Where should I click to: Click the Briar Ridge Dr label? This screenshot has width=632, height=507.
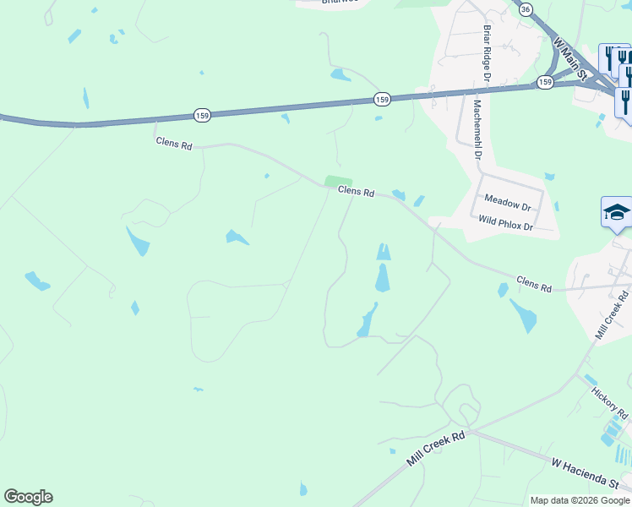pyautogui.click(x=488, y=52)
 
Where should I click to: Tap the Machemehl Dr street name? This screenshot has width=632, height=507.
pyautogui.click(x=477, y=129)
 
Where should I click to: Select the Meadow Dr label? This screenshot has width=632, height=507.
pyautogui.click(x=507, y=203)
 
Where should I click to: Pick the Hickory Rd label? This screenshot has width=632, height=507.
pyautogui.click(x=609, y=403)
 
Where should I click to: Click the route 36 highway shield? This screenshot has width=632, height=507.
pyautogui.click(x=526, y=8)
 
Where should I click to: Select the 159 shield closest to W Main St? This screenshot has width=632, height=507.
pyautogui.click(x=545, y=82)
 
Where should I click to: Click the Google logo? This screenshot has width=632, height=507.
pyautogui.click(x=28, y=497)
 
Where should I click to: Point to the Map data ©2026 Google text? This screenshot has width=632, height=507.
pyautogui.click(x=580, y=500)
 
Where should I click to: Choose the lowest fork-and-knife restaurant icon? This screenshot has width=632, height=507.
pyautogui.click(x=625, y=101)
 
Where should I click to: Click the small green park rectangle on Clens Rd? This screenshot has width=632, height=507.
pyautogui.click(x=338, y=181)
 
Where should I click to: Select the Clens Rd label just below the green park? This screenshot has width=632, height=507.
pyautogui.click(x=356, y=192)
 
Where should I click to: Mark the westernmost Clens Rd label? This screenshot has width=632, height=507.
pyautogui.click(x=174, y=144)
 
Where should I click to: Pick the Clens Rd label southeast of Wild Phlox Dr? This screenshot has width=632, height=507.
pyautogui.click(x=533, y=284)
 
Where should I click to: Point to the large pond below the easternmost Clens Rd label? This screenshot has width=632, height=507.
pyautogui.click(x=523, y=315)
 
